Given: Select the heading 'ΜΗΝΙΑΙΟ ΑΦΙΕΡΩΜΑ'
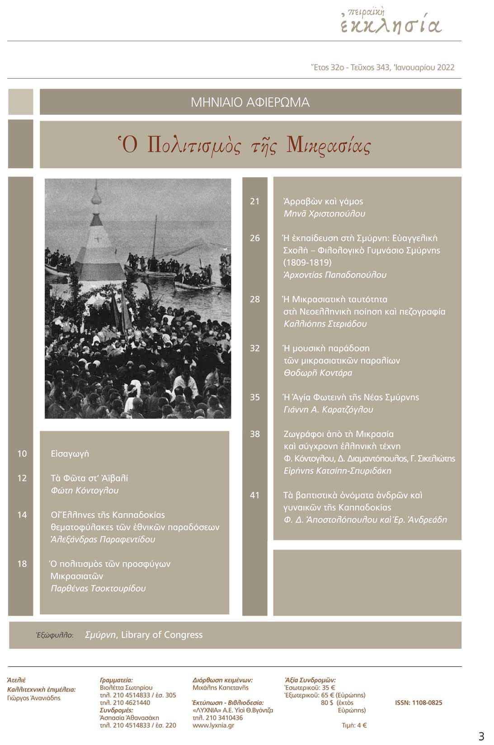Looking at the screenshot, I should coord(250,102).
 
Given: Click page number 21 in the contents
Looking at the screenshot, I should coord(255,202).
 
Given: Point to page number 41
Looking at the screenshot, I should coord(255,495).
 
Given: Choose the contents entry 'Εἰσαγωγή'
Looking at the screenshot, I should coord(70,454).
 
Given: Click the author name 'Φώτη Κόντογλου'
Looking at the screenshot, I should coord(85,490).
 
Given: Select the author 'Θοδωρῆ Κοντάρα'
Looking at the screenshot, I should coord(318,373).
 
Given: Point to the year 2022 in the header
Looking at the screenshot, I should coord(446,67).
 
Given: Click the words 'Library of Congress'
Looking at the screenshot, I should coord(162,635).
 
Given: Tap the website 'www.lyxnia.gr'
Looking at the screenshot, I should coord(213,726).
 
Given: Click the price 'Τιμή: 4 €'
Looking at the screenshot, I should coord(354,726).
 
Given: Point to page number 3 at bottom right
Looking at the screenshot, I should coord(481,736).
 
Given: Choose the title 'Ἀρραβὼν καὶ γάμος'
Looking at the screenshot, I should coord(323,202).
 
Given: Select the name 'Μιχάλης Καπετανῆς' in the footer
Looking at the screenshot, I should coord(221,688).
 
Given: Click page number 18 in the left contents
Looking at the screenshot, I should coord(22,564).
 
